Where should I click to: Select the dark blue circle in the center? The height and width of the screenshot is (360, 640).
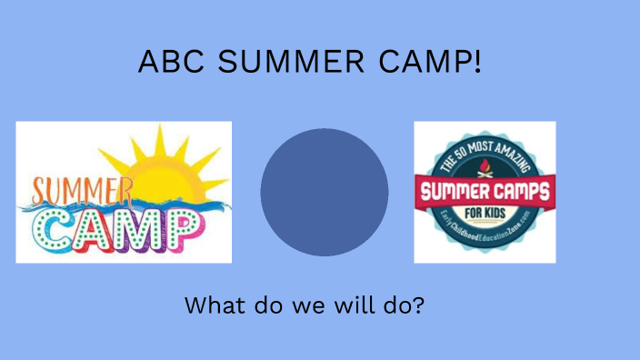(x=325, y=192)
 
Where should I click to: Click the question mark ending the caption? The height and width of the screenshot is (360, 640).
(x=418, y=305)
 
